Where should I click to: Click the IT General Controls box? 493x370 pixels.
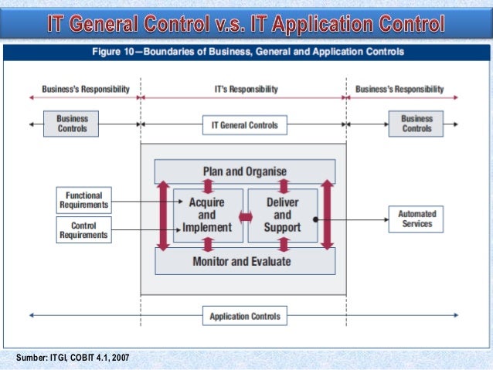(245, 124)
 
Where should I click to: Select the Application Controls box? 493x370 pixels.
(245, 315)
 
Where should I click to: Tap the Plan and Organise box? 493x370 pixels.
(245, 171)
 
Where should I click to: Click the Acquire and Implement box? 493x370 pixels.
(207, 216)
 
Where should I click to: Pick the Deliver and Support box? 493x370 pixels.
(282, 216)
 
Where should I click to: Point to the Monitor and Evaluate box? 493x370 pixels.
(245, 261)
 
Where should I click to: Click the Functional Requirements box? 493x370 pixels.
(84, 201)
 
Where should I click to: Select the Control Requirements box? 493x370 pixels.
(84, 229)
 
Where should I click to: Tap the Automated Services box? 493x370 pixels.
(416, 219)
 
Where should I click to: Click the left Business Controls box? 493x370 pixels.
(72, 124)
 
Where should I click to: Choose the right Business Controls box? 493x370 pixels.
(416, 124)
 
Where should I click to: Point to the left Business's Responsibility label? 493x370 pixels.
(86, 90)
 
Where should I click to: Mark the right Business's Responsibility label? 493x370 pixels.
(399, 90)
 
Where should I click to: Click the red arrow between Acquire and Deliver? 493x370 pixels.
(245, 218)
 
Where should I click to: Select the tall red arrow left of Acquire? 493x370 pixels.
(163, 216)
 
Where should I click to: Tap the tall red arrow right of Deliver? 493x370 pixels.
(327, 216)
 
